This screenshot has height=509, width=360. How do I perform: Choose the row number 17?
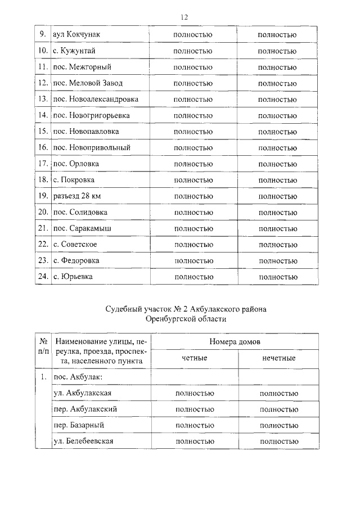pos(43,164)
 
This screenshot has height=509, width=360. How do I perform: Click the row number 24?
pos(43,277)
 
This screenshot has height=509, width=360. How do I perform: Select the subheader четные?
pos(194,358)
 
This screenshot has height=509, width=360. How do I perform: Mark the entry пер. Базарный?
pos(78,425)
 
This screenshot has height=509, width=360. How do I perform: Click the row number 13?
pos(43,100)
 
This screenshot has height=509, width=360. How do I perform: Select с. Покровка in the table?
pos(74,180)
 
